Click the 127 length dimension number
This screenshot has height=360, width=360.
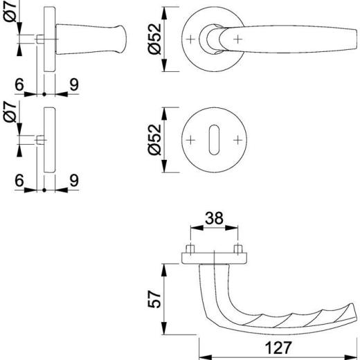[x=278, y=348]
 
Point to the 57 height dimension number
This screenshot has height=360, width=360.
[x=154, y=299]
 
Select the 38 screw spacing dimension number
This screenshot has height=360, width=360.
[x=214, y=218]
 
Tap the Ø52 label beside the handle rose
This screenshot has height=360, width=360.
[x=154, y=39]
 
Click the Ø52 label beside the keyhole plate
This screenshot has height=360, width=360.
[x=154, y=140]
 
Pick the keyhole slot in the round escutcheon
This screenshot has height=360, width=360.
[x=214, y=140]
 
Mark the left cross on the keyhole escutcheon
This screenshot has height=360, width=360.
[x=190, y=140]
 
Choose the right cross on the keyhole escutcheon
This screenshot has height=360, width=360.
[x=237, y=140]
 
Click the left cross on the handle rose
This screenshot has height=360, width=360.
[x=190, y=39]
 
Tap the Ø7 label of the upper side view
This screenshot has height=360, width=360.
[x=10, y=11]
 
